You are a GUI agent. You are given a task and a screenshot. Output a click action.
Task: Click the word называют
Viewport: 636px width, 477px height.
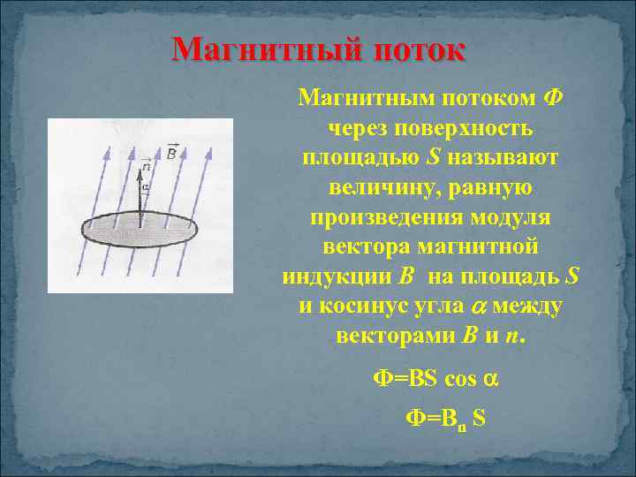tap(503, 157)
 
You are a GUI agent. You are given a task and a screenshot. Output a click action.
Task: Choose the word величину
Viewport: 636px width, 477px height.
tap(381, 187)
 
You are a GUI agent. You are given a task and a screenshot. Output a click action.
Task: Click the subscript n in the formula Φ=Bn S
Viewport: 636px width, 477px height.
tap(462, 423)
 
